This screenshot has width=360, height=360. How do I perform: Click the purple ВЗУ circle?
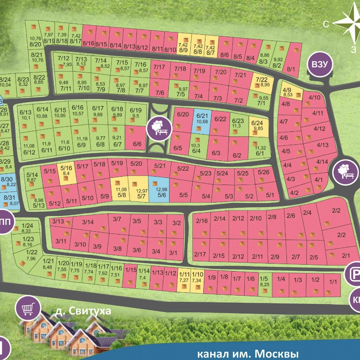(320, 65)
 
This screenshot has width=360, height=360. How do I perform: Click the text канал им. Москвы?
(248, 354)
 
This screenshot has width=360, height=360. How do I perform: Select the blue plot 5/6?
(159, 189)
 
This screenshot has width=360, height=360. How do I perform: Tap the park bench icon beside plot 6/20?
(159, 127)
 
